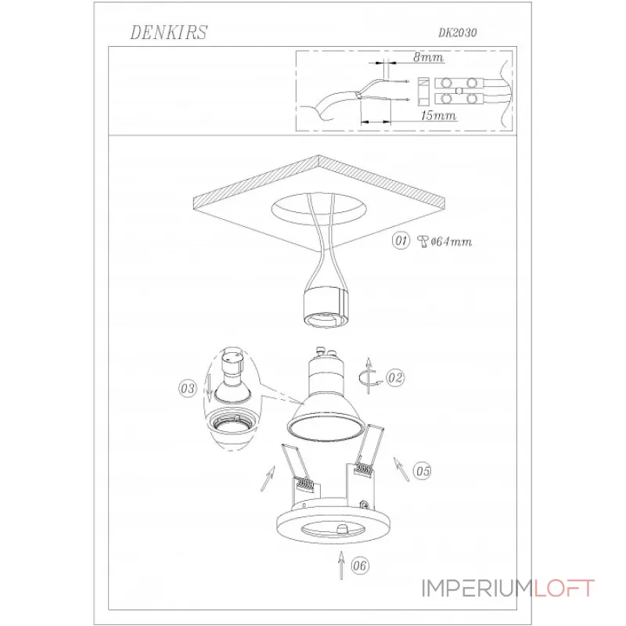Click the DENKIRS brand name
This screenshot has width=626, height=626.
[x=169, y=32]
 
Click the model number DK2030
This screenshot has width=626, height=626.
[x=458, y=33]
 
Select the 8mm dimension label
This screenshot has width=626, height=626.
[x=428, y=57]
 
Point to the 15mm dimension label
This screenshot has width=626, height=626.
[x=438, y=115]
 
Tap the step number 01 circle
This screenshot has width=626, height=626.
[x=401, y=241]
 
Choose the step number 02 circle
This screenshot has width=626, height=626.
[x=395, y=378]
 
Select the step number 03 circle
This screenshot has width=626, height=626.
[x=188, y=388]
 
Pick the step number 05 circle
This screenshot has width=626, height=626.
[x=423, y=471]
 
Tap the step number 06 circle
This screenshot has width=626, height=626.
[x=360, y=566]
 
